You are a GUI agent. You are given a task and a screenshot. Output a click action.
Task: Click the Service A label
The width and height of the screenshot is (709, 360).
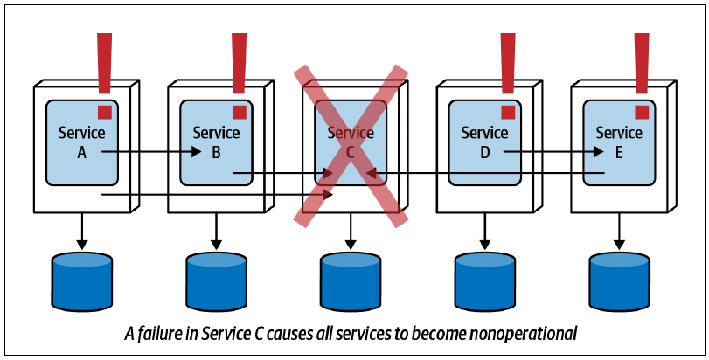(81, 142)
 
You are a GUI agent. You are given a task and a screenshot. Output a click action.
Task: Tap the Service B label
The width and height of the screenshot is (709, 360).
(216, 142)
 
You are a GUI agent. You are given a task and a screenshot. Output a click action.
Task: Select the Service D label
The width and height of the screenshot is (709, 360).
(484, 142)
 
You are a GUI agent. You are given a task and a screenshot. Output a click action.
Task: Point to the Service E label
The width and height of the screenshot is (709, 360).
(619, 142)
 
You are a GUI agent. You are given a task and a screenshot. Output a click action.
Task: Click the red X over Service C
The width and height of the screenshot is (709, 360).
(351, 145)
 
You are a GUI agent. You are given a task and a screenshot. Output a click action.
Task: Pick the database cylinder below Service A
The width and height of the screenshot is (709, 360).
(82, 281)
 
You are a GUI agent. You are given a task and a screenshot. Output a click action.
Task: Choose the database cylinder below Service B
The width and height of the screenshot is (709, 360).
(217, 281)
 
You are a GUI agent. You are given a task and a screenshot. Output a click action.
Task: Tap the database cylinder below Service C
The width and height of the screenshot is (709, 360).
(351, 281)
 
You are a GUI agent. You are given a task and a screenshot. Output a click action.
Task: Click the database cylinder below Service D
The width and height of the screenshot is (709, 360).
(484, 281)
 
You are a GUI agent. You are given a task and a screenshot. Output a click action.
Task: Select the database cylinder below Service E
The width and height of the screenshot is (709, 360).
(620, 281)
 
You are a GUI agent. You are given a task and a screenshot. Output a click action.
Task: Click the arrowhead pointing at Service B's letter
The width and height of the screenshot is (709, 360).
(196, 152)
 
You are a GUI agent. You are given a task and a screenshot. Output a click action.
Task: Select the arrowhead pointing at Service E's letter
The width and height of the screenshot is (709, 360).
(598, 152)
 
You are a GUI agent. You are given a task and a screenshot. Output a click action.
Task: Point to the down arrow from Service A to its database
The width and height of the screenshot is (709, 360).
(82, 232)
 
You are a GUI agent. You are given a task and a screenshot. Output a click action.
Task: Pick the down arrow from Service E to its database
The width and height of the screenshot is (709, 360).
(620, 232)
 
